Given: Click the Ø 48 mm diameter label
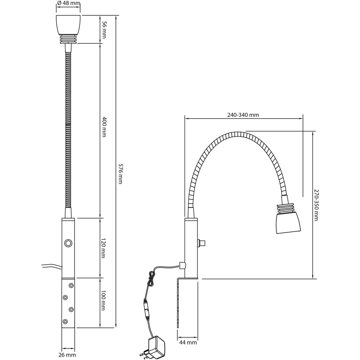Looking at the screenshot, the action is pos(69,3).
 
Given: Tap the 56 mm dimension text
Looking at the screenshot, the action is pos(104,30).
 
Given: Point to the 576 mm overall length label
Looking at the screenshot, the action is pos(120,174).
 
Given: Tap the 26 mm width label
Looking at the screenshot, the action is pos(67,355).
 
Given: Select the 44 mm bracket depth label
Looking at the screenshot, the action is pos(188,342).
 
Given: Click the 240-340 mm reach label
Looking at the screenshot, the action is pos(243,115).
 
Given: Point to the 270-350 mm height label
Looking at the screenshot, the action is pos(316,205).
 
